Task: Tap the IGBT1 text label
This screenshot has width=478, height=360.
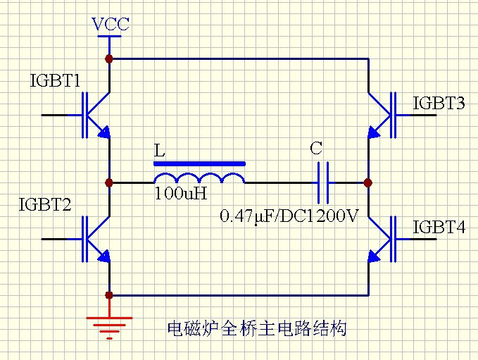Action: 55,80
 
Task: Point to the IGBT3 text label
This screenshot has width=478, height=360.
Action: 439,104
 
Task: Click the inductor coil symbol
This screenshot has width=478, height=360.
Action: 199,178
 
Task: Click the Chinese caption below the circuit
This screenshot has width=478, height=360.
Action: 257,328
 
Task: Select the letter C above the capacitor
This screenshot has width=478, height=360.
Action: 316,149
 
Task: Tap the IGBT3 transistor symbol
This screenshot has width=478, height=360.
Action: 381,115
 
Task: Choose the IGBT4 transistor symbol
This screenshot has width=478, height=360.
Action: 381,240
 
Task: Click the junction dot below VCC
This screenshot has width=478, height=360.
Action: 109,58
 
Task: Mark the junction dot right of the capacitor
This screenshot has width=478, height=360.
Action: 367,182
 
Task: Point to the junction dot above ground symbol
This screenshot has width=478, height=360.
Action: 109,295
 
